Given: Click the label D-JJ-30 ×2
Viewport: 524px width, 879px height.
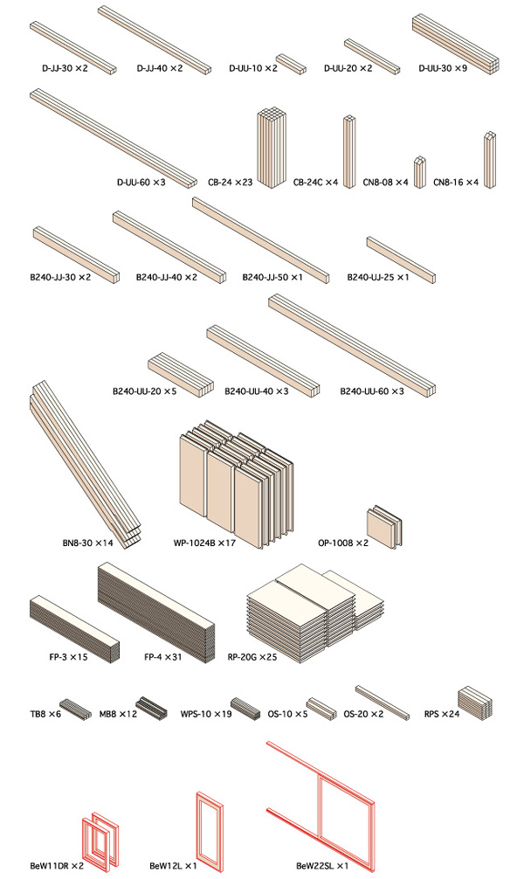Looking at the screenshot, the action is tap(65, 68).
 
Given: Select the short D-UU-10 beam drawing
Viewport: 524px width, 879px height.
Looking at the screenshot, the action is tap(291, 64).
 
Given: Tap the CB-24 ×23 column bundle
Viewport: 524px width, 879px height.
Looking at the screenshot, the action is tap(272, 148).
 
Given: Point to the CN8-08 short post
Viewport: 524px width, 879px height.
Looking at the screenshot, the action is tap(420, 172).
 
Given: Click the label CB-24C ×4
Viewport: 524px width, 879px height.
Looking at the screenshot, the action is tap(315, 183).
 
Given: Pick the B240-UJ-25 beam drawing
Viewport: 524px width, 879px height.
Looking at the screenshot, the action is tap(401, 260).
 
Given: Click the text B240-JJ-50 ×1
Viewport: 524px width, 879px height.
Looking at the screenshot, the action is tap(272, 277).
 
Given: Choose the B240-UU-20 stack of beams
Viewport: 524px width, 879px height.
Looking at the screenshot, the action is tap(181, 375).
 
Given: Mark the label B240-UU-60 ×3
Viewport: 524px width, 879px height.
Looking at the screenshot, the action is tap(371, 391).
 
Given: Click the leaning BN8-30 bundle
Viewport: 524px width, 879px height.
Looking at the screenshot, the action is tap(86, 464).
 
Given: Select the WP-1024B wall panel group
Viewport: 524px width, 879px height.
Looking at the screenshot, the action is tap(236, 483).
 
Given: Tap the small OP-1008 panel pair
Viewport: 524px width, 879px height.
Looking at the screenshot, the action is tap(384, 526).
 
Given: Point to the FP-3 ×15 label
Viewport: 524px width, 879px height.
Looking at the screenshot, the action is tap(68, 656).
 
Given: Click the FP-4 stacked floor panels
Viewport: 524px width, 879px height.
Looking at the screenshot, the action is tap(156, 613).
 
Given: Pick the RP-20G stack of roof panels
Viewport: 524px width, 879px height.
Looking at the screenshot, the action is tap(315, 613).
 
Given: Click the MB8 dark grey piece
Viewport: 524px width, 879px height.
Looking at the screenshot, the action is tap(151, 709).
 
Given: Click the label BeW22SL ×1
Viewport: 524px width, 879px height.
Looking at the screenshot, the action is tap(322, 866).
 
